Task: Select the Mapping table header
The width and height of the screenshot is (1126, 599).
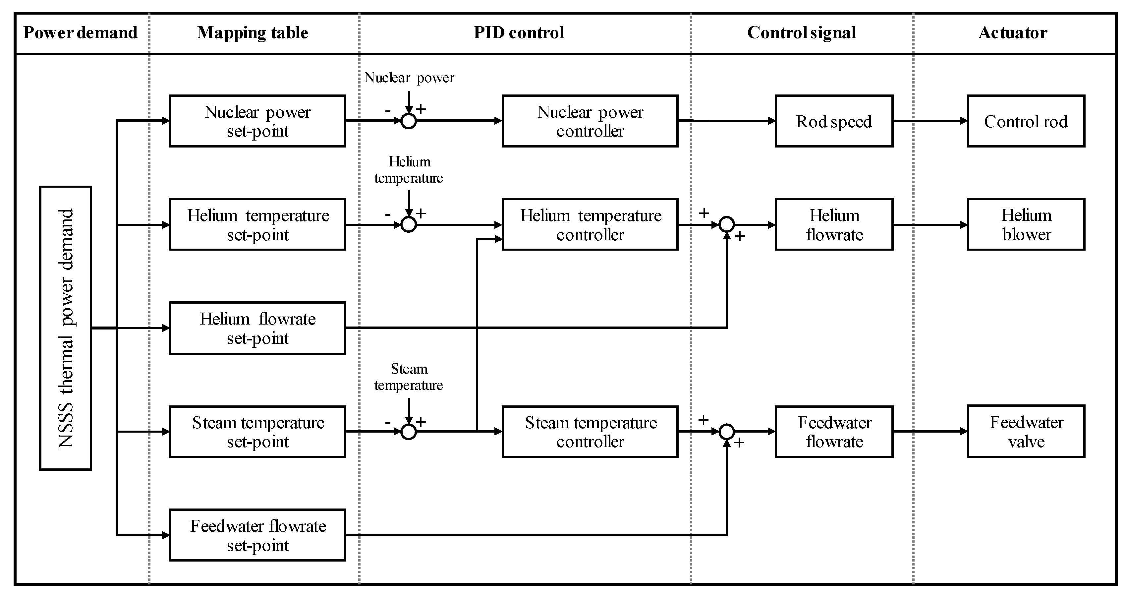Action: pos(252,33)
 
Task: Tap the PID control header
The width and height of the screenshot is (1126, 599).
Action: pos(519,33)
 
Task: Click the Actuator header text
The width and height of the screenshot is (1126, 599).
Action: pos(1012,33)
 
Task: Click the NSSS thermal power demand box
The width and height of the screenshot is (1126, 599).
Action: pos(66,328)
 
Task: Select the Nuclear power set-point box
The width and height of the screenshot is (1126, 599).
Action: pos(257,121)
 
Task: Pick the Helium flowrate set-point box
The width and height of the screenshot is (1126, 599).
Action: pos(257,328)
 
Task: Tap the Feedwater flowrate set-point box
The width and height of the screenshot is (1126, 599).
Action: pos(257,535)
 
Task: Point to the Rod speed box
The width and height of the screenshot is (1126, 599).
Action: pos(834,121)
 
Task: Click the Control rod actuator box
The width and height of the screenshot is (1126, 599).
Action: pos(1026,121)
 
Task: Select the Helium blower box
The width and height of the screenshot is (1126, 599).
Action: pos(1026,225)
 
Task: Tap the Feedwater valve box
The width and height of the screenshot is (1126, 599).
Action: pos(1026,432)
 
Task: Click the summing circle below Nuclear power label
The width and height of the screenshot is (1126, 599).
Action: pos(409,121)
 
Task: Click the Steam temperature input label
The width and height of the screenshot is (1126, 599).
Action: pos(409,377)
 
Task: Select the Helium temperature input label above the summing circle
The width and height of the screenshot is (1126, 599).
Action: pos(409,170)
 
